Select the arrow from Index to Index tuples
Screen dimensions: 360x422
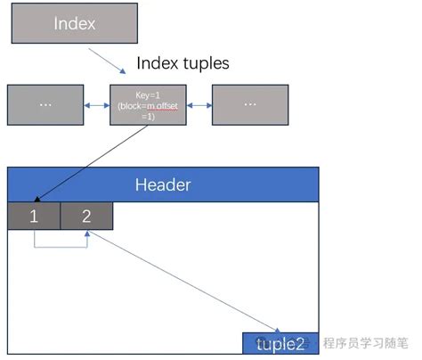pyautogui.click(x=110, y=60)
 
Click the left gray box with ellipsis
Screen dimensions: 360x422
pyautogui.click(x=45, y=104)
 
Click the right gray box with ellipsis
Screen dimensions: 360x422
pyautogui.click(x=250, y=104)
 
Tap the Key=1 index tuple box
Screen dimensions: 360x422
pyautogui.click(x=148, y=104)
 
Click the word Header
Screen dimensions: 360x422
pyautogui.click(x=163, y=185)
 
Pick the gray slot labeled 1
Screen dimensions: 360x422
pyautogui.click(x=34, y=217)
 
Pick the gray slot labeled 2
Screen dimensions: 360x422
pyautogui.click(x=86, y=217)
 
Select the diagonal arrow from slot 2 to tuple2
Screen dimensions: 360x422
pyautogui.click(x=183, y=281)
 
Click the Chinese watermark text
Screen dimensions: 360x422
pyautogui.click(x=365, y=343)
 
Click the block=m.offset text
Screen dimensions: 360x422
pyautogui.click(x=148, y=105)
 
